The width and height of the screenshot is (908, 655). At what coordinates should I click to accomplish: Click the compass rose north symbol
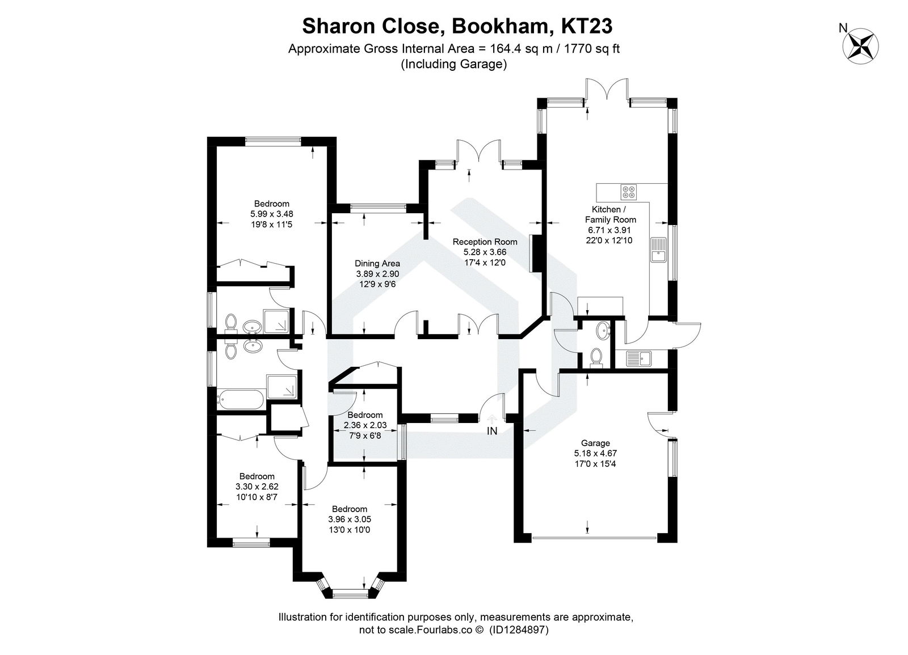click(861, 45)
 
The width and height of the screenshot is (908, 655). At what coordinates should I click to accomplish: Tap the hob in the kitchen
click(628, 192)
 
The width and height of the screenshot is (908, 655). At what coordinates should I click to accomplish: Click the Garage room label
click(595, 443)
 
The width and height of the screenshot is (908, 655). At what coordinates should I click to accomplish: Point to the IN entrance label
click(491, 431)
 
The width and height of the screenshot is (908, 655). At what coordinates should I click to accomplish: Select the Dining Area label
click(377, 263)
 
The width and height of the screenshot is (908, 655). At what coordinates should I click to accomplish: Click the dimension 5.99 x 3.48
click(271, 214)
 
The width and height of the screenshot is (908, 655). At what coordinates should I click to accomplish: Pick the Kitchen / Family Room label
click(610, 215)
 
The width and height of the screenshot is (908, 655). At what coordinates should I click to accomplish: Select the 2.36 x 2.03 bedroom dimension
click(365, 425)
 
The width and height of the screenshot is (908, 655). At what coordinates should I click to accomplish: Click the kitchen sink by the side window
click(659, 250)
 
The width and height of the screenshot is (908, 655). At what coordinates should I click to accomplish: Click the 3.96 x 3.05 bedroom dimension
click(350, 519)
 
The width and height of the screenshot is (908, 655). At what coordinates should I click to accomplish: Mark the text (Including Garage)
click(453, 64)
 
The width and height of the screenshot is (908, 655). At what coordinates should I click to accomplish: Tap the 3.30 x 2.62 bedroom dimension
click(257, 487)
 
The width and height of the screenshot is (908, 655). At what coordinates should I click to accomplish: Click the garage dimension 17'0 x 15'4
click(595, 463)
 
